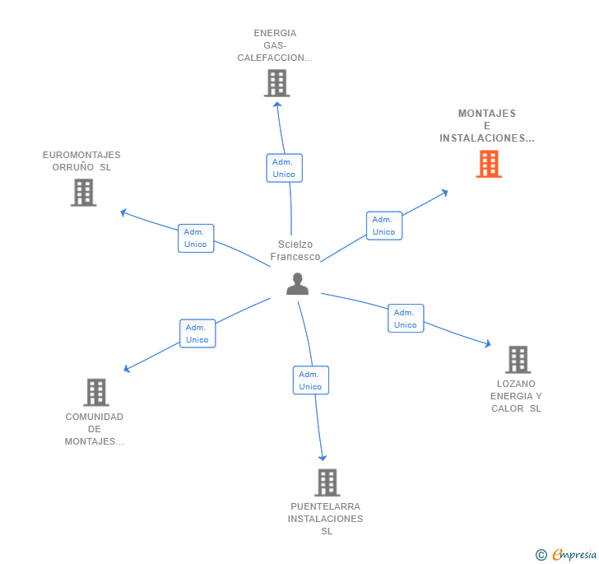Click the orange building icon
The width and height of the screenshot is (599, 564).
click(489, 164)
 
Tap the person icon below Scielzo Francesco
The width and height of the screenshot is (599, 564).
click(297, 284)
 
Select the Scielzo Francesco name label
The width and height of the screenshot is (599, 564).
click(295, 250)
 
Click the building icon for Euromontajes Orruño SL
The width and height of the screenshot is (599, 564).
click(83, 193)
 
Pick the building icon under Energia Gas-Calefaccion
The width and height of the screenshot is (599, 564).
click(277, 83)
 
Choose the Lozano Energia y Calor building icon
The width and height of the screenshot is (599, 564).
click(518, 360)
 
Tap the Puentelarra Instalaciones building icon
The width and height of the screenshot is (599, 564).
click(327, 482)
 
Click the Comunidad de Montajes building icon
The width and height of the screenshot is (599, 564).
click(96, 392)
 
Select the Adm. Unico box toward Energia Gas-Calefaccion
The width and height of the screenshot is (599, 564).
click(284, 168)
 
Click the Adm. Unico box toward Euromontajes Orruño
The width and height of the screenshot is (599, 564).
click(196, 238)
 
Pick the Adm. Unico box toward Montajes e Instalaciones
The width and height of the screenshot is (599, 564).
click(384, 226)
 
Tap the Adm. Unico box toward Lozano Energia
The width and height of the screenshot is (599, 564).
click(406, 318)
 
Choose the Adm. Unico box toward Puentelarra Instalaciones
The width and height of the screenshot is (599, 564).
click(311, 380)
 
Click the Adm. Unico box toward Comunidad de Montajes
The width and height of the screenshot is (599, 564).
click(197, 333)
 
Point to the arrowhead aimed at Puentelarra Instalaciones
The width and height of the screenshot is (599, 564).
click(323, 458)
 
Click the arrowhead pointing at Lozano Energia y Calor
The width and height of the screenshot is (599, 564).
click(488, 344)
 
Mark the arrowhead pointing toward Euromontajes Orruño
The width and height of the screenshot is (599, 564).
click(123, 212)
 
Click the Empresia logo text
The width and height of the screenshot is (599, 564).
click(574, 554)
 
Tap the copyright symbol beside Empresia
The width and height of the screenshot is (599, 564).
click(541, 554)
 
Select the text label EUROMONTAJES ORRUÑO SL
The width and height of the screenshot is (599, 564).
click(81, 161)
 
